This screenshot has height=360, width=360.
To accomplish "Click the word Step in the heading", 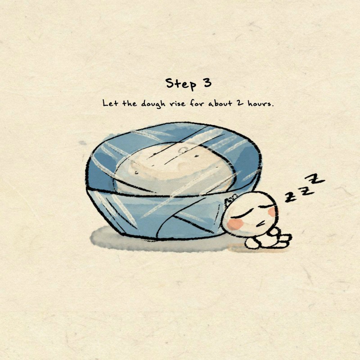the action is click(x=181, y=84).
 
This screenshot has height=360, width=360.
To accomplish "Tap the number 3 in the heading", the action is click(x=207, y=83).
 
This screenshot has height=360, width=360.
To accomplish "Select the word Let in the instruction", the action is click(x=110, y=103).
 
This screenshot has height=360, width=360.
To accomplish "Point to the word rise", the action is click(x=177, y=103).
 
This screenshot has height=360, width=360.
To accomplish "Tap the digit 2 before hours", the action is click(x=240, y=103).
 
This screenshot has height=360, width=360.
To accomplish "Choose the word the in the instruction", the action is click(x=130, y=103).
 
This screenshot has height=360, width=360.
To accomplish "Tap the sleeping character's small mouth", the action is click(x=261, y=223).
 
